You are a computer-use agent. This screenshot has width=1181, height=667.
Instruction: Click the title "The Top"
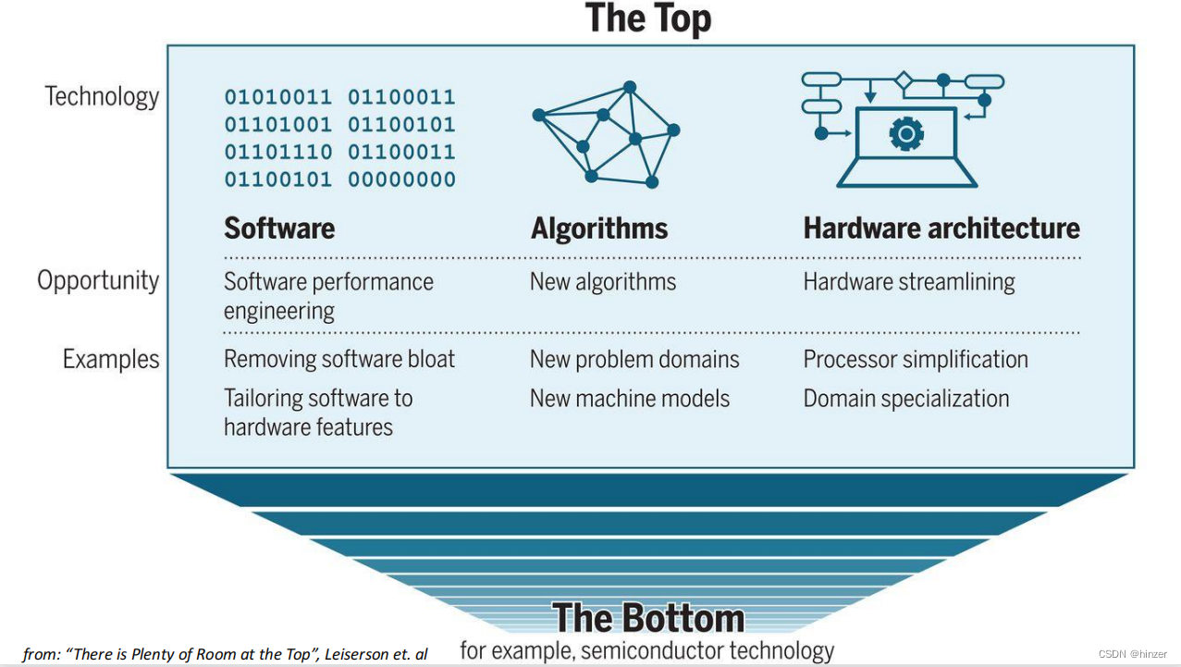coord(648,19)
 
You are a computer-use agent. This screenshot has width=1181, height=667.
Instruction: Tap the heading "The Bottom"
coord(647,618)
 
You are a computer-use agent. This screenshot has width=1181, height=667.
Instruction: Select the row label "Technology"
coord(102,96)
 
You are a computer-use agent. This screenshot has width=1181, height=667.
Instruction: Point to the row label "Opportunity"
coord(98,280)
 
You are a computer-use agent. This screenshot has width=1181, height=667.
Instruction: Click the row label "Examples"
coord(111,359)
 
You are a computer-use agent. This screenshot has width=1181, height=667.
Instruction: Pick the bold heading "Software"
coord(279,229)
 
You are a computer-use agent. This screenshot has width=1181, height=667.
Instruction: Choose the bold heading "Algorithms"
coord(599,229)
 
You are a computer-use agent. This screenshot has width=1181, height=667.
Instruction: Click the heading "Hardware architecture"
coord(941,229)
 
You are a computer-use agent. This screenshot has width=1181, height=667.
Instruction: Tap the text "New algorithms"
coord(603,282)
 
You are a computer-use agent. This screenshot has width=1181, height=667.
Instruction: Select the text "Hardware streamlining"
coord(909,282)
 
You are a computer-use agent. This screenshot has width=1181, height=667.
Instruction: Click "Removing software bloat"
coord(339,359)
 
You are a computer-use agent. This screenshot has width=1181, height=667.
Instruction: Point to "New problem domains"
coord(634,359)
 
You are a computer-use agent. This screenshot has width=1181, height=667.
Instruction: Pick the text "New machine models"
coord(630,399)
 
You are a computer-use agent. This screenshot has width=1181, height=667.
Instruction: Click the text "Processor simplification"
coord(916,359)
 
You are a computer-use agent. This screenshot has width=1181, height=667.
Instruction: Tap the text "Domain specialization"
coord(906,399)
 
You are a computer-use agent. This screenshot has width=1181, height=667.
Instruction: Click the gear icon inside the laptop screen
coord(905,135)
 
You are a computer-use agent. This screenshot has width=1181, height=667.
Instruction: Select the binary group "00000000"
coord(401,179)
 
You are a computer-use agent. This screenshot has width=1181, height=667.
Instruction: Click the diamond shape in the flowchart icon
coord(904,81)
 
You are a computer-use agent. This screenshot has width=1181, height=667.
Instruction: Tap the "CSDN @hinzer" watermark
coord(1138,654)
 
